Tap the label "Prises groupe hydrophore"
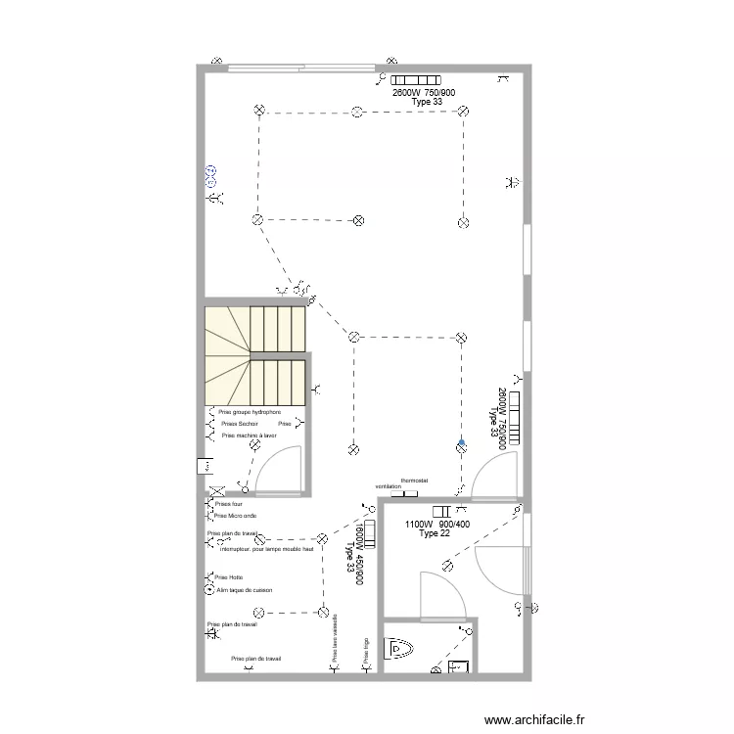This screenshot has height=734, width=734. click(250, 413)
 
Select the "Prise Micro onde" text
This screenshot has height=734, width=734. click(236, 515)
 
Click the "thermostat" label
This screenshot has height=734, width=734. click(414, 481)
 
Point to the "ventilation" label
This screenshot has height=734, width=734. click(389, 486)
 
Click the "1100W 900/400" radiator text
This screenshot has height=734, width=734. click(437, 524)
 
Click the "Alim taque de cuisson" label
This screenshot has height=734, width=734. click(244, 590)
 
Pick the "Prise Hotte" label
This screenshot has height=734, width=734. click(228, 577)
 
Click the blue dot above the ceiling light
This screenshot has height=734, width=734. click(460, 442)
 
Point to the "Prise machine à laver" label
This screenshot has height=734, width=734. click(250, 436)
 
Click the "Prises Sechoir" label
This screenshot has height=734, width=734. click(240, 424)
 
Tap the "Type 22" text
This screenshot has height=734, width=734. click(435, 533)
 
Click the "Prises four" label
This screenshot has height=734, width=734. click(228, 504)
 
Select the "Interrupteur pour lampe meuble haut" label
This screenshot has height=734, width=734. click(266, 549)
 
